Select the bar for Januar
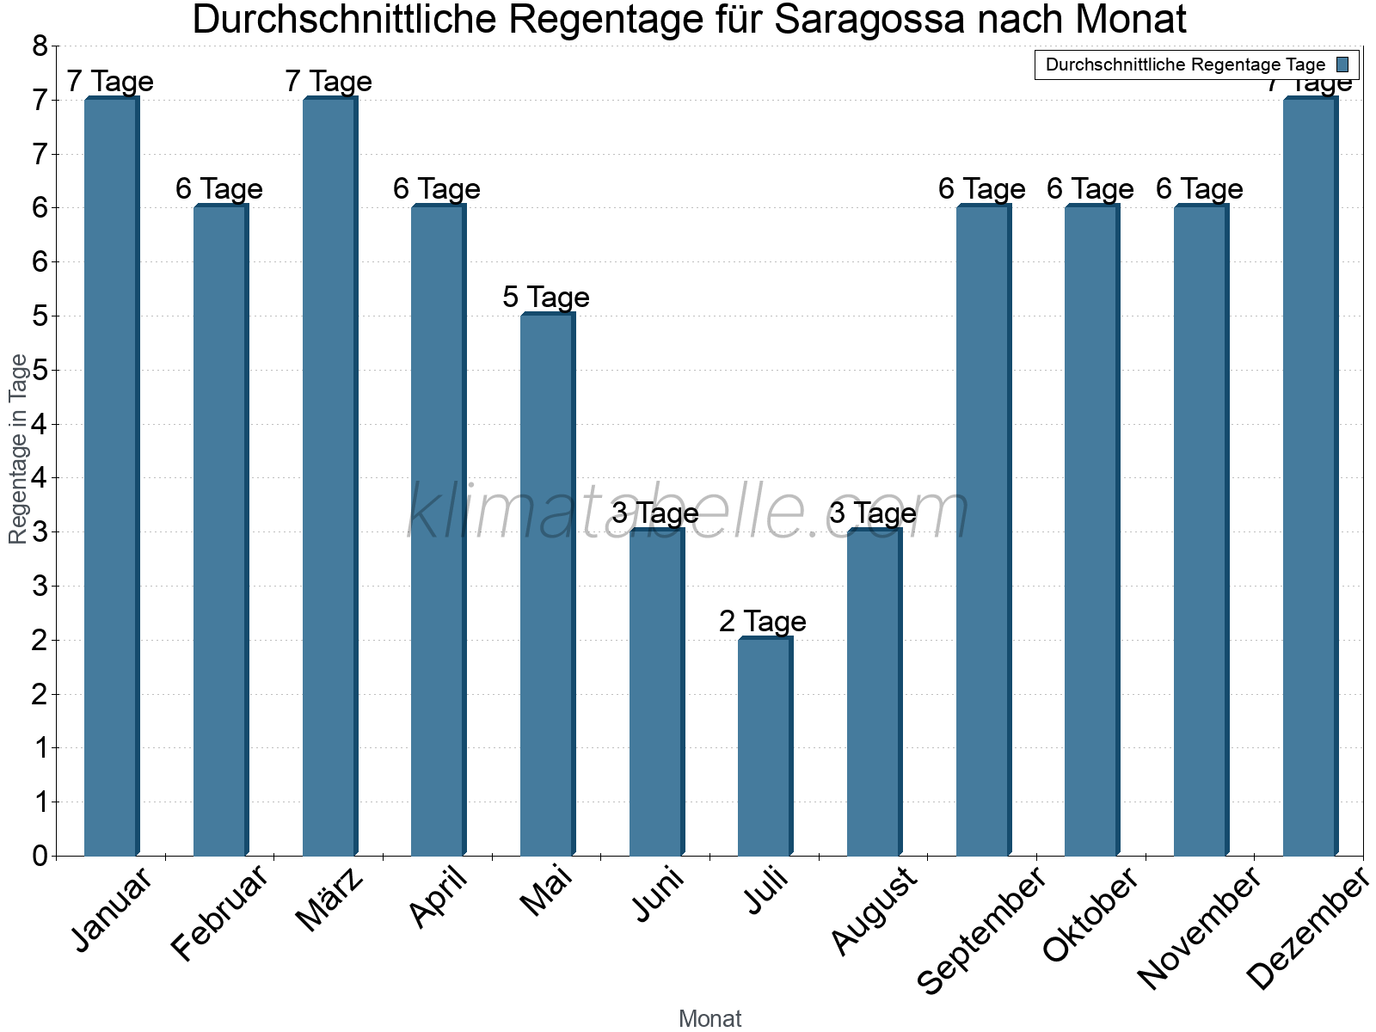(x=110, y=477)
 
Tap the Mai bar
(x=546, y=585)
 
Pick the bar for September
(x=982, y=531)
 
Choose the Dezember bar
(x=1309, y=477)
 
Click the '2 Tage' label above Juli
(x=763, y=621)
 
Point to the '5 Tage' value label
(x=546, y=298)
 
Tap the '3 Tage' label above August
(x=873, y=513)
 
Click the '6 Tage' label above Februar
(x=219, y=189)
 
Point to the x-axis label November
(x=1200, y=929)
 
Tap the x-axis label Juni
(x=659, y=894)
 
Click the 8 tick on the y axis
(x=40, y=46)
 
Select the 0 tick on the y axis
(x=40, y=856)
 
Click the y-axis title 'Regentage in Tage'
(x=18, y=449)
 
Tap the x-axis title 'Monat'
(x=709, y=1018)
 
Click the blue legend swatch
(x=1342, y=64)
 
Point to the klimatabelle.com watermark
(x=688, y=512)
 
